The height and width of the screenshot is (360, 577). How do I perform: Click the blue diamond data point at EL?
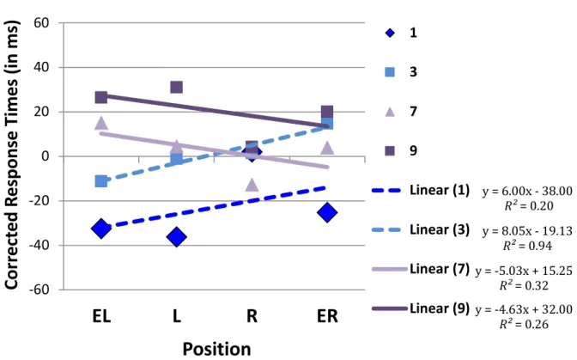pyautogui.click(x=101, y=229)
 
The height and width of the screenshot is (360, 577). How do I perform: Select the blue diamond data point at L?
pyautogui.click(x=177, y=236)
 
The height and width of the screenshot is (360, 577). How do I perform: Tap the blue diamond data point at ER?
pyautogui.click(x=327, y=212)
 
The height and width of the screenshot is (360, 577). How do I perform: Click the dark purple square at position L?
pyautogui.click(x=177, y=88)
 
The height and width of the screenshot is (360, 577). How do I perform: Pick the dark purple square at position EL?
pyautogui.click(x=101, y=97)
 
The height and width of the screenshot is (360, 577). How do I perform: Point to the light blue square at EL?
pyautogui.click(x=101, y=181)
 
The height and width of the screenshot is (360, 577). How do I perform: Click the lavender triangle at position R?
pyautogui.click(x=252, y=185)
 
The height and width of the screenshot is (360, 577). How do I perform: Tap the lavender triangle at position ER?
pyautogui.click(x=327, y=148)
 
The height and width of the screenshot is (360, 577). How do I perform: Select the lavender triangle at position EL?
pyautogui.click(x=101, y=124)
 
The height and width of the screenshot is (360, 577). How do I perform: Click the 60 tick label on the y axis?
pyautogui.click(x=41, y=23)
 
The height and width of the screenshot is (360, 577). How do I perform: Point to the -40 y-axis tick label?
pyautogui.click(x=39, y=245)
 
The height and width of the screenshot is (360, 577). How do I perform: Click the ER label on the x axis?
pyautogui.click(x=327, y=316)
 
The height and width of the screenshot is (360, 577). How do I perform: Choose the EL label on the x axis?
pyautogui.click(x=101, y=316)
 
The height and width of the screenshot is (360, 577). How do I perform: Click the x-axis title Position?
pyautogui.click(x=216, y=349)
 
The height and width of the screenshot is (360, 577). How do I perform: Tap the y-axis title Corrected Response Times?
pyautogui.click(x=11, y=155)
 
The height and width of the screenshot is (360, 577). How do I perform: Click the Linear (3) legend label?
pyautogui.click(x=440, y=229)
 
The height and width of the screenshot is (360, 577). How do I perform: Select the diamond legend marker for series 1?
pyautogui.click(x=390, y=34)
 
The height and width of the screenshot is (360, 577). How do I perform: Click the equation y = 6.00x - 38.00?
pyautogui.click(x=527, y=191)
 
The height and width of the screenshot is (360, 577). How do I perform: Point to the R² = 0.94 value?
pyautogui.click(x=528, y=245)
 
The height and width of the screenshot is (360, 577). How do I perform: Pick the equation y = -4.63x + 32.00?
pyautogui.click(x=524, y=309)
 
